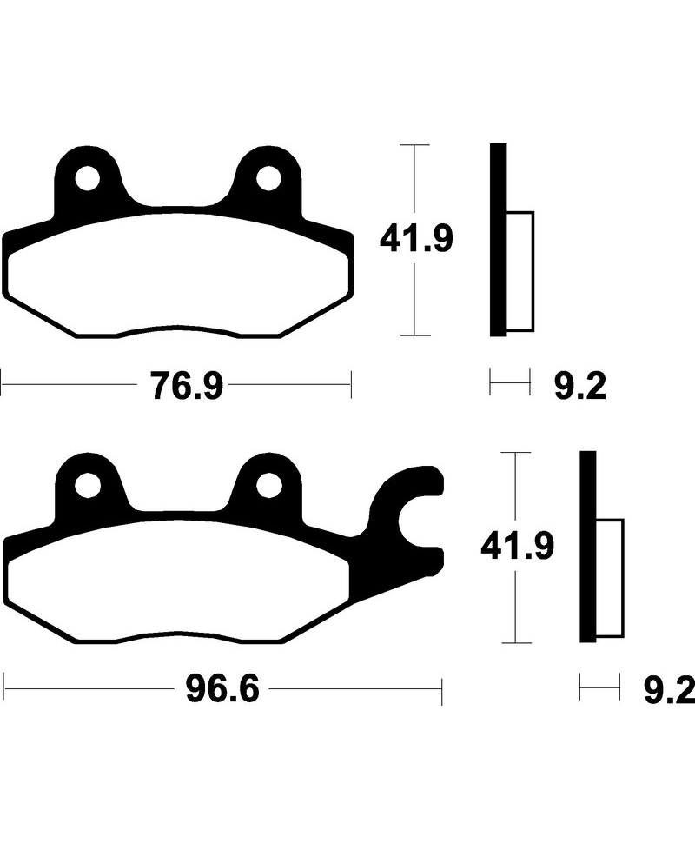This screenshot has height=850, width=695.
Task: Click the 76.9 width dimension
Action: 187,385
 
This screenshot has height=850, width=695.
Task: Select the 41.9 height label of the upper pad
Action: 415,239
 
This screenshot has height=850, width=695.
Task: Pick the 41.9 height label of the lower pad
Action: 517,548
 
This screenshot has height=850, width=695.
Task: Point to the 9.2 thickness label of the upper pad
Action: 579,385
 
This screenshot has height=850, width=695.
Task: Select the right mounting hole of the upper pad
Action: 268,179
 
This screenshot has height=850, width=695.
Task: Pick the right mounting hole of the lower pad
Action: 268,487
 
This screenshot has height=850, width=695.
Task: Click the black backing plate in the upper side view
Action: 497,239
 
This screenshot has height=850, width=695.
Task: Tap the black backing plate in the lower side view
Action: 588,548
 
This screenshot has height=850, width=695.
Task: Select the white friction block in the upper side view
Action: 519,271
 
